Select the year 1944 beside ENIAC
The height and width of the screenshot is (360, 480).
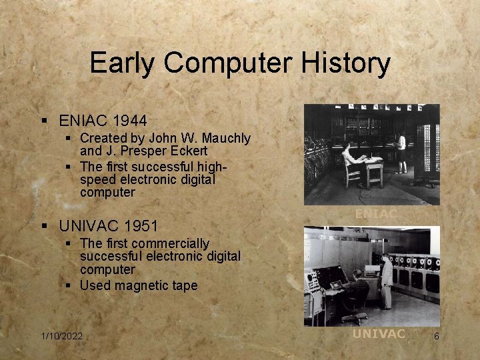tap(130, 121)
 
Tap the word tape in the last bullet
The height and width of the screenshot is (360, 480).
tap(185, 285)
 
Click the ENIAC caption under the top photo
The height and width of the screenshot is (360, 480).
tap(375, 214)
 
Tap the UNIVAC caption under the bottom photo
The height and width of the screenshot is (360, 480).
tap(378, 334)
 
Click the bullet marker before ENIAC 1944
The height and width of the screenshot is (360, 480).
tap(44, 121)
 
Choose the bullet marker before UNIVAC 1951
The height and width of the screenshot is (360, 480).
tap(44, 227)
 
